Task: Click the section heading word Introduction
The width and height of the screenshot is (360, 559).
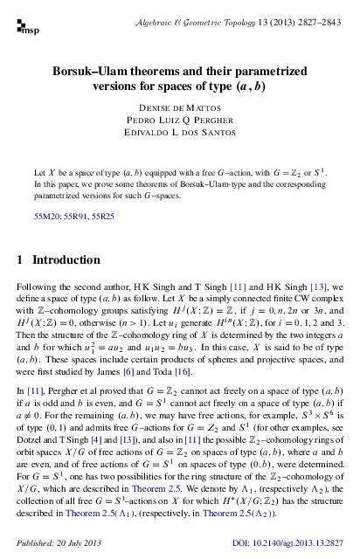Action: [x=69, y=259]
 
